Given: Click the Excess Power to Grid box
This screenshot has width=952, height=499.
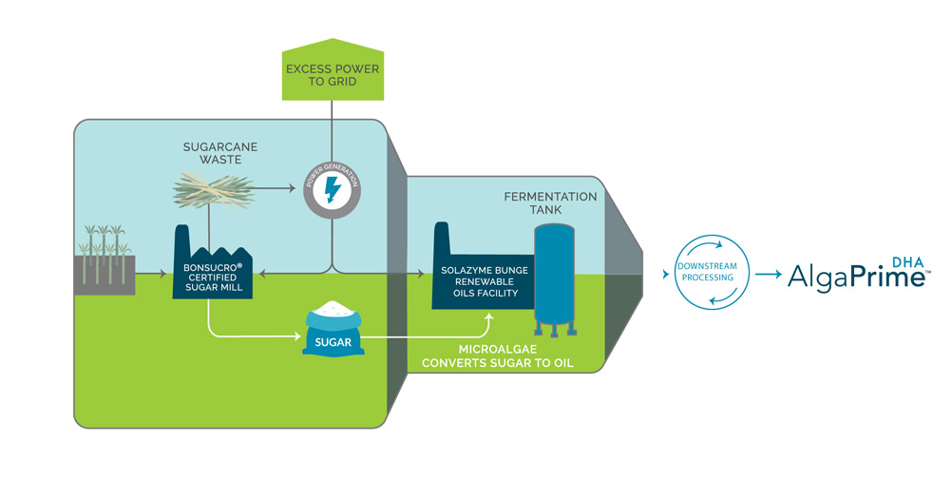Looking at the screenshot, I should tap(331, 74).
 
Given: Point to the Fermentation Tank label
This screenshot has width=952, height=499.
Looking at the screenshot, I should tap(550, 203).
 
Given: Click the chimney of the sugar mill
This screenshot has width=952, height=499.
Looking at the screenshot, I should tap(181, 240).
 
